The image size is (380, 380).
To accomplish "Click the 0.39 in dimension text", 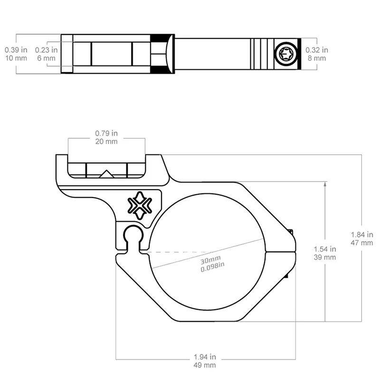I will [x=16, y=49].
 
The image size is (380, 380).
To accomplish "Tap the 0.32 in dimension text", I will [x=317, y=49].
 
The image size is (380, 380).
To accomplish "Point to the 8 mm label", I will [x=317, y=58].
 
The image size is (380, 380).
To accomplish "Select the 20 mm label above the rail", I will [x=106, y=141].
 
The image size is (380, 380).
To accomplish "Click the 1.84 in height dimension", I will [x=362, y=234].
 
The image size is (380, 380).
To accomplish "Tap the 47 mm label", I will [x=362, y=243].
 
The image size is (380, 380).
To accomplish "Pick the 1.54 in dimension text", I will [x=325, y=248].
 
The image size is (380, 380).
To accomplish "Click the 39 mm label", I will [x=325, y=257].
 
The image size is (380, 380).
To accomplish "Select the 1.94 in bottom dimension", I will [x=205, y=356].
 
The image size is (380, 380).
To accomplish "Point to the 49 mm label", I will [x=205, y=365].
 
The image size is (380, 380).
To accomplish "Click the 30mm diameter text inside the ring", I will [x=210, y=261].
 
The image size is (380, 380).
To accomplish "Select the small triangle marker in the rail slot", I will [x=106, y=173].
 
